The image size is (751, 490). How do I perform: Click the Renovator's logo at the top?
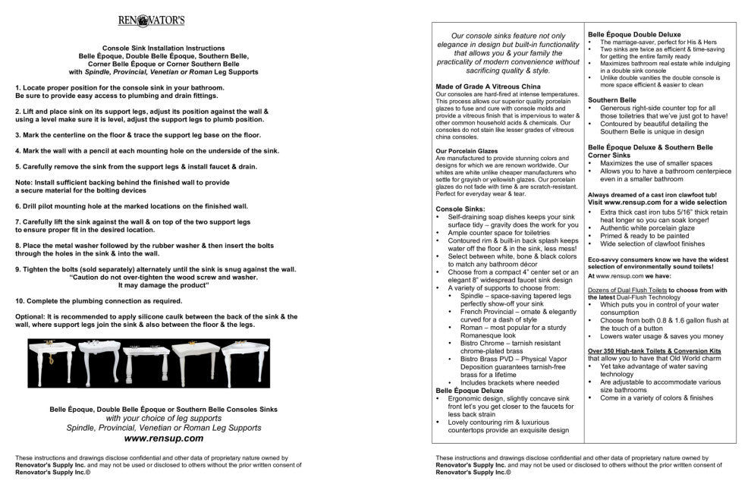[152, 20]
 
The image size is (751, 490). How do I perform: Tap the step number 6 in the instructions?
[17, 206]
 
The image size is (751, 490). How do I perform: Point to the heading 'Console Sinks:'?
[460, 209]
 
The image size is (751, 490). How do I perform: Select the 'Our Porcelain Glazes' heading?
[467, 150]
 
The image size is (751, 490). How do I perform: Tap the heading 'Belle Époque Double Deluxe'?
[635, 34]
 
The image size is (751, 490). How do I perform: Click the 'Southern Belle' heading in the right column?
[611, 99]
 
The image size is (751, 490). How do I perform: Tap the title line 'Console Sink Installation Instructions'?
[163, 48]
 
